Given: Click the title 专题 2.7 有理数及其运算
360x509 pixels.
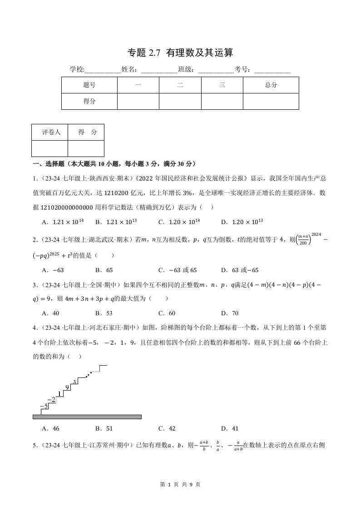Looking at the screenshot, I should [x=180, y=53].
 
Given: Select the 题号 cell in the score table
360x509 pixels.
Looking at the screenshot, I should [x=89, y=85].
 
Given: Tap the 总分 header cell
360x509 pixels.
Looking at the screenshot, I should [x=271, y=85].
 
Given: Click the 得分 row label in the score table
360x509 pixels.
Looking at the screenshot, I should [x=89, y=101].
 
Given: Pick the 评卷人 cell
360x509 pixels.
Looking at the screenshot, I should [x=50, y=132].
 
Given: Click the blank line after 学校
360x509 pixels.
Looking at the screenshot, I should [x=103, y=70].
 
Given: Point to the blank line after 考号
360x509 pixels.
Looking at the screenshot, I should [x=272, y=70].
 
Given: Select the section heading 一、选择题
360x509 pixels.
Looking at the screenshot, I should [x=113, y=164].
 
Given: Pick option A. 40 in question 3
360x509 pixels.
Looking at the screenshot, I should [x=50, y=313].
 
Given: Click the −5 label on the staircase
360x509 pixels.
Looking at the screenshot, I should [x=44, y=406].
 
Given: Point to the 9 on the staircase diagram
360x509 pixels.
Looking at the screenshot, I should [x=67, y=387].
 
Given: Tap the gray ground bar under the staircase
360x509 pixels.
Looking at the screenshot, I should [x=87, y=416].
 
